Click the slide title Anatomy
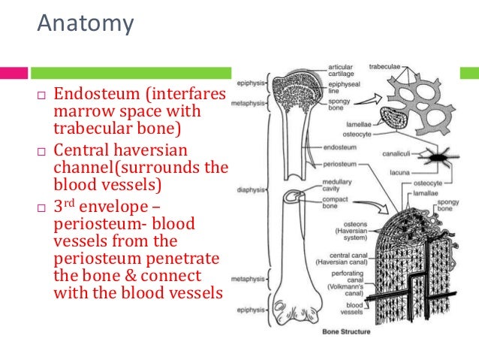[86, 24]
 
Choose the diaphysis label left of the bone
[251, 189]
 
